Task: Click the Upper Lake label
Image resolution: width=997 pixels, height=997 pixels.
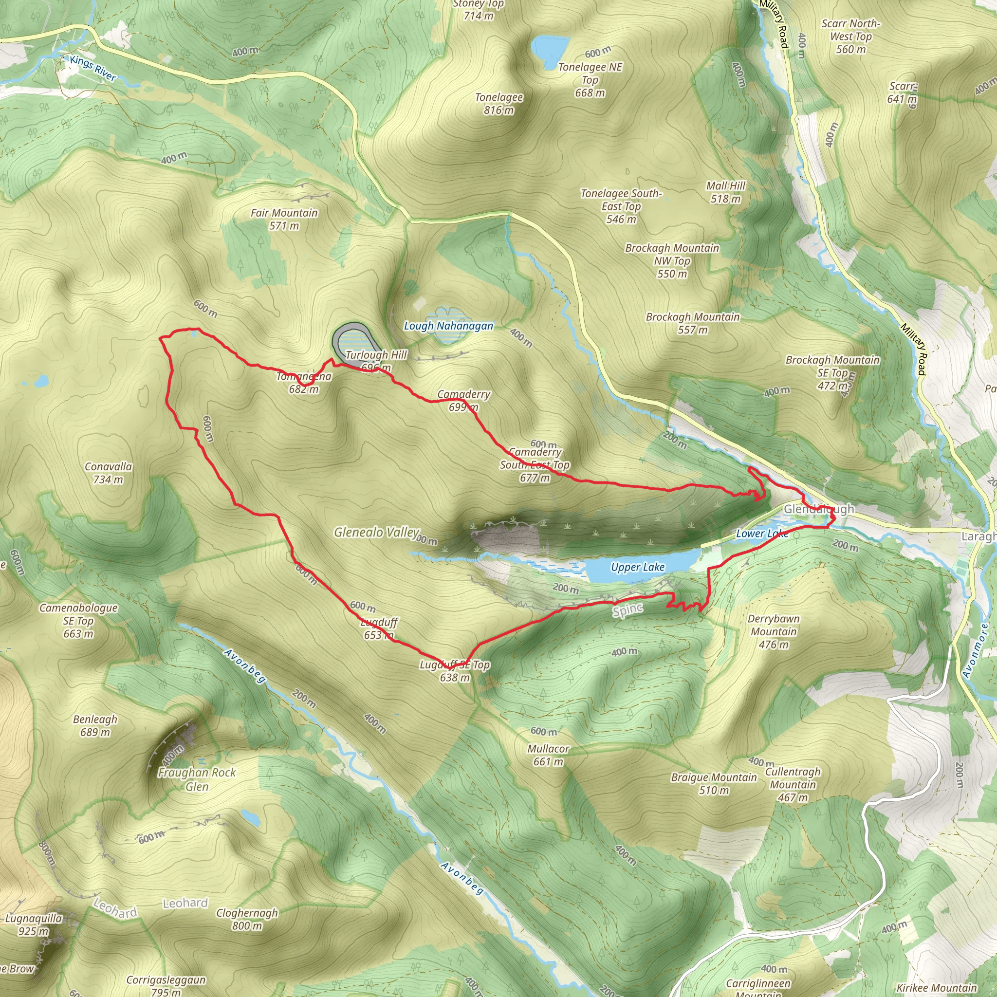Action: coord(637,567)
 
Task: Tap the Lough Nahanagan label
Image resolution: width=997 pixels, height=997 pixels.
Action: coord(448,326)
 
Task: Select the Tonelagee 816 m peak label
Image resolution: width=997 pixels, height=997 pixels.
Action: coord(498,104)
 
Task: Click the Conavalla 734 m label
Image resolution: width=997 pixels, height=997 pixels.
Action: coord(109,473)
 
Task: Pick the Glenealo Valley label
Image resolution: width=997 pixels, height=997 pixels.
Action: coord(376,532)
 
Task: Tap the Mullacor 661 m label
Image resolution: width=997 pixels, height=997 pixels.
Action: coord(548,755)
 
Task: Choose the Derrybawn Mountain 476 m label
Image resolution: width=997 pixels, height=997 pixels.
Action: coord(774,631)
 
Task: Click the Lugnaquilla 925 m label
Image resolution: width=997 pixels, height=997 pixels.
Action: coord(34,925)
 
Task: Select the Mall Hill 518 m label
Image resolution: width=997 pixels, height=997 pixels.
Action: coord(725,192)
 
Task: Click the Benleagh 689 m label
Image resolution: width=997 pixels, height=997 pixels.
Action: coord(95,725)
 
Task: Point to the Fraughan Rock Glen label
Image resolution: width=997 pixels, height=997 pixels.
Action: coord(197,779)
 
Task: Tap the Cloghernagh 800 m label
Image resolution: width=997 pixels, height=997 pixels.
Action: coord(247,919)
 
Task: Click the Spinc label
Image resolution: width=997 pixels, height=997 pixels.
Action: coord(628,611)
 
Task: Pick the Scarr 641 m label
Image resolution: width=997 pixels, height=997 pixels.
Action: coord(902,92)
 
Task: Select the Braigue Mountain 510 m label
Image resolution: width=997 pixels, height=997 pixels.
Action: coord(714,783)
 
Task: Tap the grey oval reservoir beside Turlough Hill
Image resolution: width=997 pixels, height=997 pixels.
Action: coord(356,343)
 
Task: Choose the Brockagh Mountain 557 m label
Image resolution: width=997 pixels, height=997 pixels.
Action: coord(693,323)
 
